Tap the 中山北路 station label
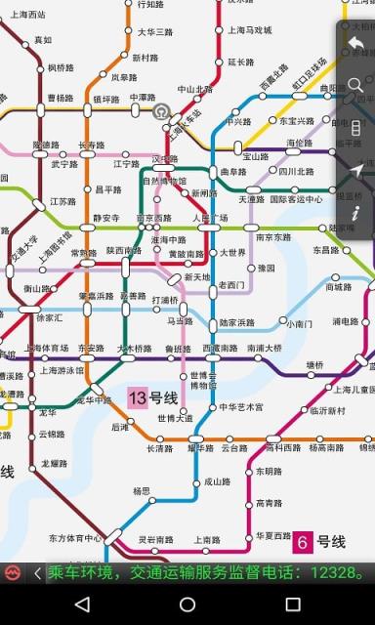[x=189, y=89]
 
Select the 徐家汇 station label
[x=49, y=317]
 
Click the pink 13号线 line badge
[x=152, y=397]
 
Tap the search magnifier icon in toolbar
[x=355, y=86]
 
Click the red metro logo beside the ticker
[x=13, y=572]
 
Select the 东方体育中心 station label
[x=75, y=537]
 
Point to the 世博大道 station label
[x=175, y=418]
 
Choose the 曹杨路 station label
[x=61, y=99]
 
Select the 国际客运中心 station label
[x=296, y=199]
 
